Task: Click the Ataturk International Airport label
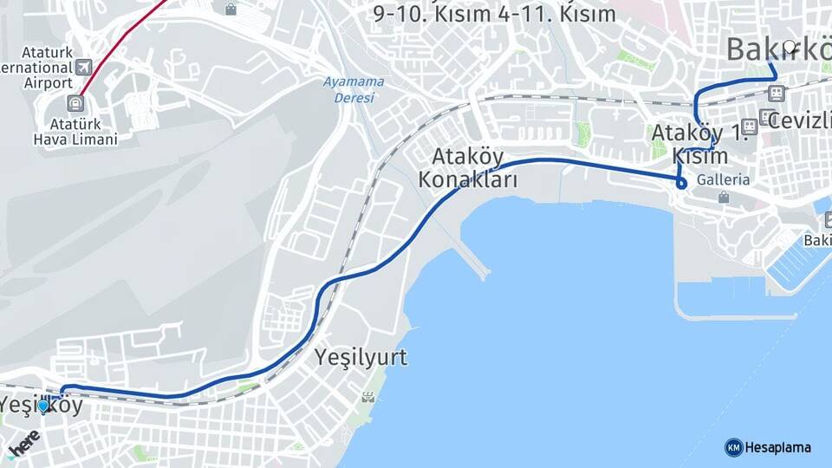pyautogui.click(x=36, y=67)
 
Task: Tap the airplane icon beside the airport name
pyautogui.click(x=83, y=67)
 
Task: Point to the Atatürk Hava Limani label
pyautogui.click(x=75, y=130)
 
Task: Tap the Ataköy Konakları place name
pyautogui.click(x=467, y=169)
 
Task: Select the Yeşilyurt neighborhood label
pyautogui.click(x=361, y=356)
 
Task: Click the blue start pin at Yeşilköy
pyautogui.click(x=42, y=405)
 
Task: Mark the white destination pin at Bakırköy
pyautogui.click(x=789, y=49)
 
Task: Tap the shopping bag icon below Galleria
pyautogui.click(x=724, y=198)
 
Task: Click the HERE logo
pyautogui.click(x=23, y=442)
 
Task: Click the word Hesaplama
pyautogui.click(x=777, y=447)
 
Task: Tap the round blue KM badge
pyautogui.click(x=733, y=447)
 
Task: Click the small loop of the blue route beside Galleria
pyautogui.click(x=682, y=183)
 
